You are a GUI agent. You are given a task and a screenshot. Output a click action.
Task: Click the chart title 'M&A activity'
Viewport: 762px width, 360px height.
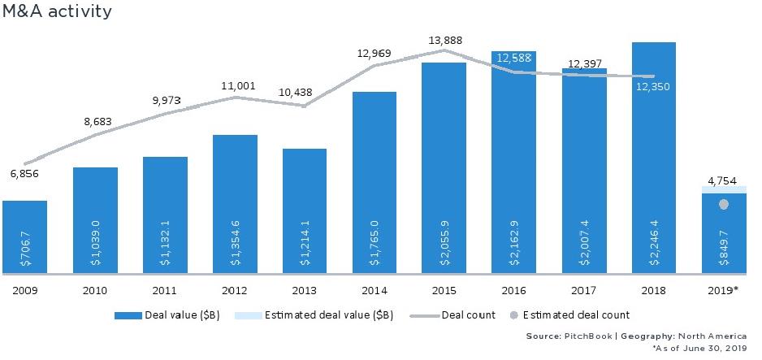pyautogui.click(x=56, y=11)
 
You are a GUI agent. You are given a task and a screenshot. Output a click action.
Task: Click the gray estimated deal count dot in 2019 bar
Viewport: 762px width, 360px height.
pyautogui.click(x=724, y=205)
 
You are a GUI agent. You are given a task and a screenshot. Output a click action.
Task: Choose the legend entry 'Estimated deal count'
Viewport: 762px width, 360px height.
pyautogui.click(x=576, y=314)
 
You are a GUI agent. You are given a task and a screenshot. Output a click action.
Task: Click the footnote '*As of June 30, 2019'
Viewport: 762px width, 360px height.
pyautogui.click(x=700, y=347)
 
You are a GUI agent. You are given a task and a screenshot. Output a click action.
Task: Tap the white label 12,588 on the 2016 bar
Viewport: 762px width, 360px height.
pyautogui.click(x=513, y=58)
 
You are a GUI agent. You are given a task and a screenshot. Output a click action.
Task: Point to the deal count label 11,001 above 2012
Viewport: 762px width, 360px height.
pyautogui.click(x=235, y=84)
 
